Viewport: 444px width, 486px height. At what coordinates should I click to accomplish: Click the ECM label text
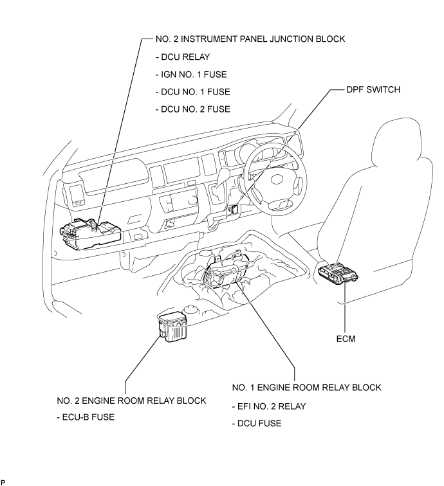[346, 336]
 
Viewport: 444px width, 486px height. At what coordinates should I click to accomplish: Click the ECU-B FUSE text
[88, 417]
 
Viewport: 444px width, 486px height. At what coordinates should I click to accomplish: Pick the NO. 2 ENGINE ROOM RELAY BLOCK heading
[131, 400]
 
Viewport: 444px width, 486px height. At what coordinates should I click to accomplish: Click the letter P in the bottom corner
[3, 481]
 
